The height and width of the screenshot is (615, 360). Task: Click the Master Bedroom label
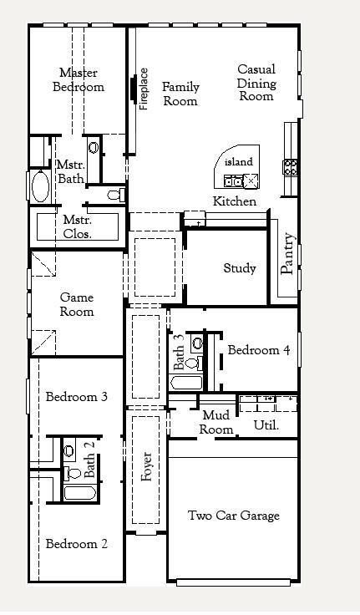(79, 80)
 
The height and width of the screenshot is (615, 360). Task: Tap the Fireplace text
(145, 89)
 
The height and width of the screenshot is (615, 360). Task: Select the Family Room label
(180, 94)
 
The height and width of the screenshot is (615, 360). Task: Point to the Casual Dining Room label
(256, 83)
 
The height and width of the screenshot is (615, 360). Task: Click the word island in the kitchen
(238, 161)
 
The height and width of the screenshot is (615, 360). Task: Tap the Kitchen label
(235, 201)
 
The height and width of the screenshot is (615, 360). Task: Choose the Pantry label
(288, 253)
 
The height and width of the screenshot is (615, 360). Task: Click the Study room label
(240, 268)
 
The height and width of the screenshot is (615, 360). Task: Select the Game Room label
(76, 304)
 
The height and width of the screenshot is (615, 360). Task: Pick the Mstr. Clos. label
(78, 226)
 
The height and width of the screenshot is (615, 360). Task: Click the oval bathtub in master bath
(40, 186)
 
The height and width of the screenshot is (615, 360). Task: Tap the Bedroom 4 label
(259, 350)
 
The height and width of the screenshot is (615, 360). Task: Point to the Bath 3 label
(179, 353)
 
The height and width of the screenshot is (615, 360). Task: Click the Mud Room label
(216, 423)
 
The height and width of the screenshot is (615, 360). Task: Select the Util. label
(266, 425)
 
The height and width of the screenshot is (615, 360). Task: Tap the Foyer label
(147, 467)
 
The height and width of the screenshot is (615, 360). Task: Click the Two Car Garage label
(233, 516)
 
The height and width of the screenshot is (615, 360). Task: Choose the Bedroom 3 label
(76, 396)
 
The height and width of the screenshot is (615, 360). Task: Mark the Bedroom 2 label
(76, 544)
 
